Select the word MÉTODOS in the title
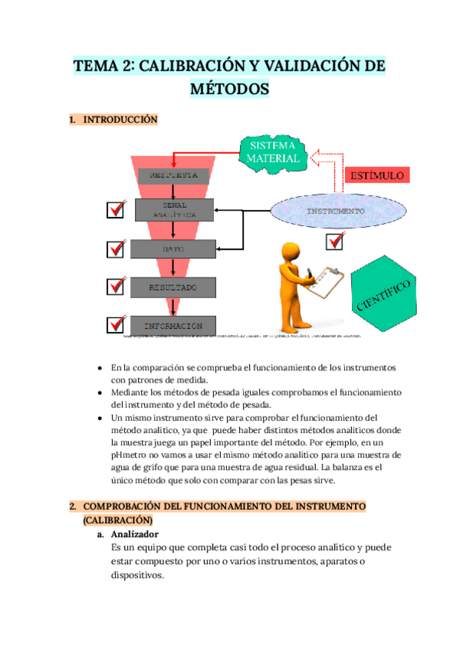pyautogui.click(x=230, y=89)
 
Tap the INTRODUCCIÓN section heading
pyautogui.click(x=120, y=120)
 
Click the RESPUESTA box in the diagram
pyautogui.click(x=172, y=175)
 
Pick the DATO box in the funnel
pyautogui.click(x=173, y=249)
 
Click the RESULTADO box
pyautogui.click(x=173, y=288)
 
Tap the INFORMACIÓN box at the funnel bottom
pyautogui.click(x=173, y=325)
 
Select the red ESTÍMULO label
pyautogui.click(x=376, y=176)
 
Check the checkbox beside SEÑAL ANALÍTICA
pyautogui.click(x=116, y=209)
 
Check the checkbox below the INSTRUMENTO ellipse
pyautogui.click(x=335, y=241)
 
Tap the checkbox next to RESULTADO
pyautogui.click(x=116, y=286)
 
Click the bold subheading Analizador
pyautogui.click(x=135, y=534)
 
